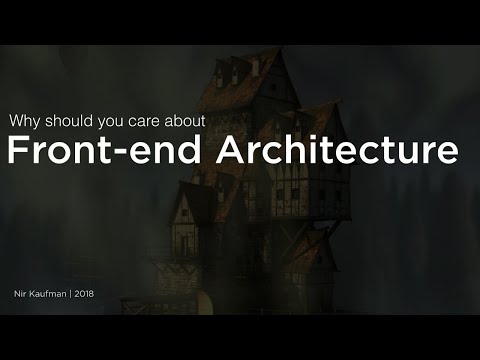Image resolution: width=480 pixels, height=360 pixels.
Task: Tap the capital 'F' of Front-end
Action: coord(19,152)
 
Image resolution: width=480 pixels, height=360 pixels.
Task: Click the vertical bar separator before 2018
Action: coord(78,296)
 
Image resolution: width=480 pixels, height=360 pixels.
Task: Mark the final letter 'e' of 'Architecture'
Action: coord(449,155)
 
